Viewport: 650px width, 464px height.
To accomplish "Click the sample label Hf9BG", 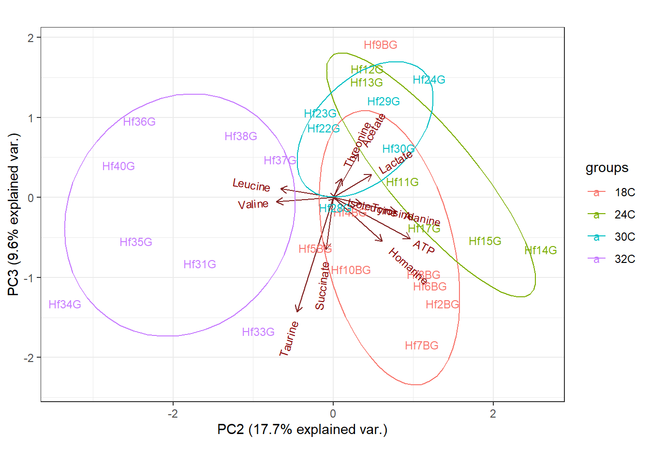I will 381,45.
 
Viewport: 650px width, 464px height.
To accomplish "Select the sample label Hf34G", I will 65,304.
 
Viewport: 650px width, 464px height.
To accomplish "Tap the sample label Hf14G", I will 541,250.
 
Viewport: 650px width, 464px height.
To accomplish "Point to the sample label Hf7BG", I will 422,346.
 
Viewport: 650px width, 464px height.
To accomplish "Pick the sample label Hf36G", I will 139,122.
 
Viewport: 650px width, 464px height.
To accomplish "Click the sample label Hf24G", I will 429,80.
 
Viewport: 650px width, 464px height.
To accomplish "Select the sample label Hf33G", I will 258,332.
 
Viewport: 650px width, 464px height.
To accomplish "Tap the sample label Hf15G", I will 485,241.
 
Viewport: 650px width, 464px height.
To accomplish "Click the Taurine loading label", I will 289,339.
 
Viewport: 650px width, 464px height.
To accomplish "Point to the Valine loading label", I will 253,204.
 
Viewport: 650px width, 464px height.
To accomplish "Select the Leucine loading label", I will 251,185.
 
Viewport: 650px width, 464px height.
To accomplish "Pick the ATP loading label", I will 424,247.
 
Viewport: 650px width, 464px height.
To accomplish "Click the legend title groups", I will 607,168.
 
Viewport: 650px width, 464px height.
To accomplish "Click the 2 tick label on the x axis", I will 493,414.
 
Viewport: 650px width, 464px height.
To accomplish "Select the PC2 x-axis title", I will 302,430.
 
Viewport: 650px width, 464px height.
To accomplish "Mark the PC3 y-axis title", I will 14,215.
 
